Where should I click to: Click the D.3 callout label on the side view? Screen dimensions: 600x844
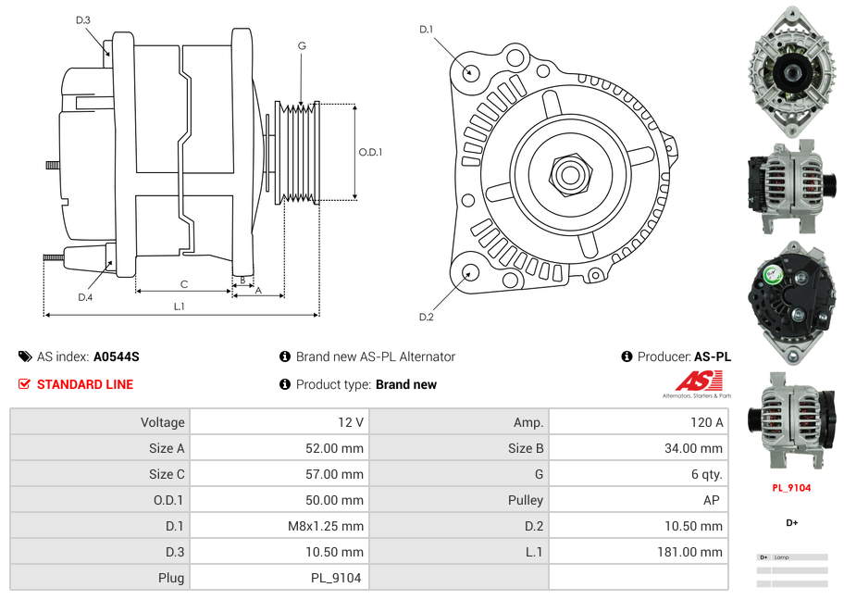pos(82,20)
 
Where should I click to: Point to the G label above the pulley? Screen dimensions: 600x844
pos(302,45)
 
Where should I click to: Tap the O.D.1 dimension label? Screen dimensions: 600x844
pos(370,152)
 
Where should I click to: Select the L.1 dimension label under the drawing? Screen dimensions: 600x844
pos(180,306)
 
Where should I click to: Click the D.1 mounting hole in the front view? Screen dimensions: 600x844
pos(471,71)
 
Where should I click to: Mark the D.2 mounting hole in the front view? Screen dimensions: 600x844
pos(470,272)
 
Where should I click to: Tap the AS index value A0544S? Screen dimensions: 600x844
pos(116,356)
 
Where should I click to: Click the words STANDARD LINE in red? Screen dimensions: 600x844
pos(85,384)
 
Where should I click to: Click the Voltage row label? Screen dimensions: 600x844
pos(162,422)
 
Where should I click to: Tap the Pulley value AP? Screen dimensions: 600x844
pos(712,500)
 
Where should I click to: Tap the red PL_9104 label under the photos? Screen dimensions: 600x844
pos(791,488)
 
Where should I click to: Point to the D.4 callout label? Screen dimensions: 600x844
pos(85,297)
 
